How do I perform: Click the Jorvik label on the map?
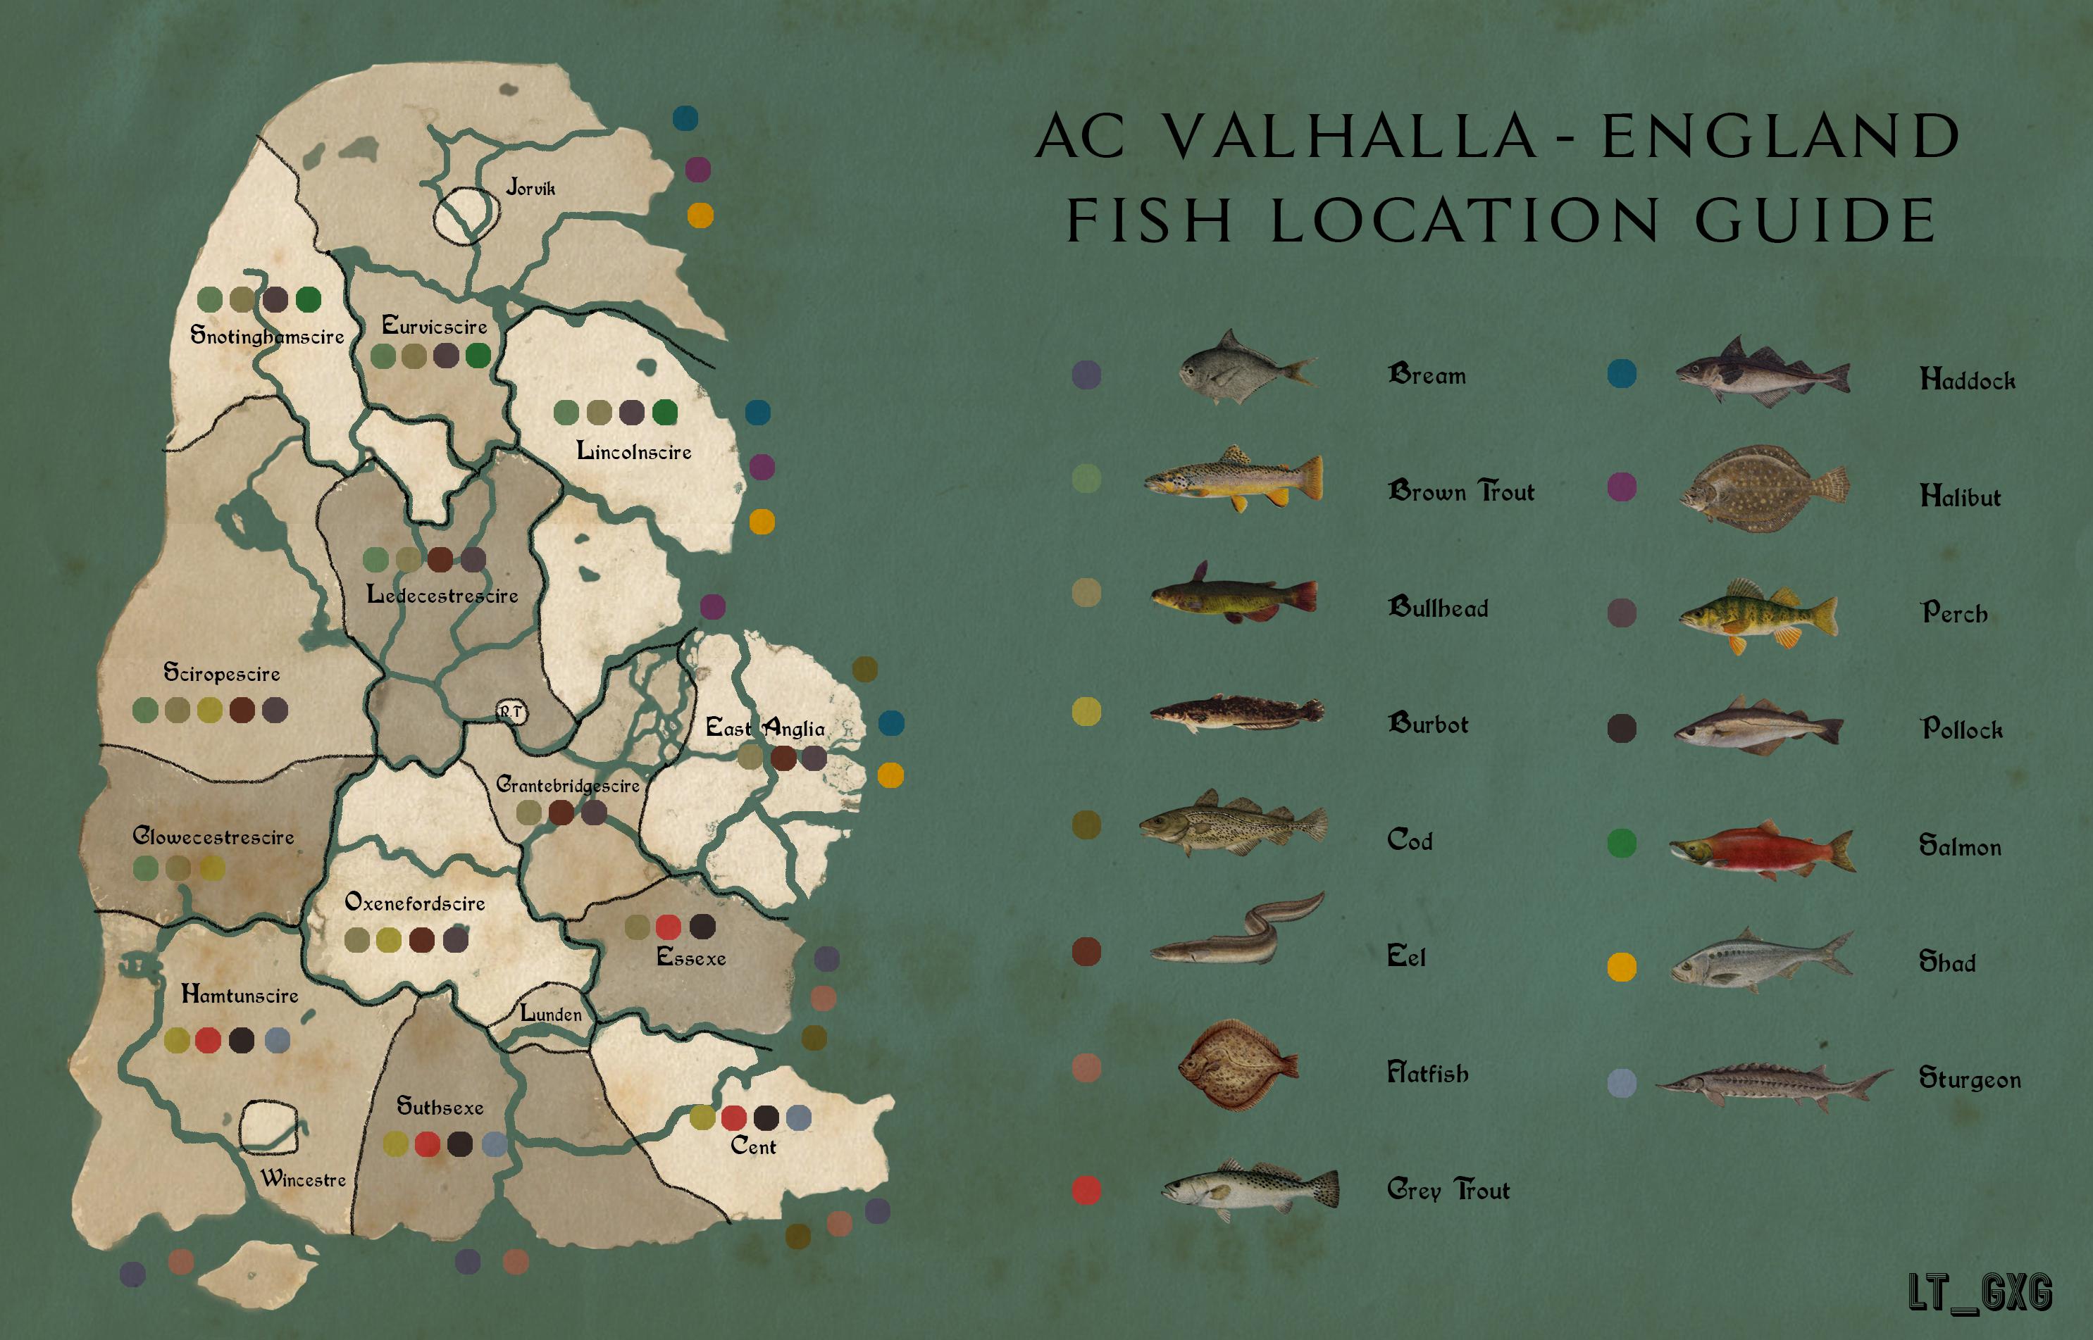[x=530, y=187]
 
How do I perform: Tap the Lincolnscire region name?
[x=633, y=451]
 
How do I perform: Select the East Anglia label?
[x=764, y=727]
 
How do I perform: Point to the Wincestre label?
[x=303, y=1179]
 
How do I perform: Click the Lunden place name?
[x=551, y=1014]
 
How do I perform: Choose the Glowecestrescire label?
[x=213, y=837]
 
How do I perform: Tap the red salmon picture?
[x=1763, y=849]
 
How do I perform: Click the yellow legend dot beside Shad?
[x=1621, y=967]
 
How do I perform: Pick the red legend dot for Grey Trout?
[x=1086, y=1189]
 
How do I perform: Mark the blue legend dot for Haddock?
[x=1621, y=373]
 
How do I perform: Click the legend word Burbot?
[x=1427, y=724]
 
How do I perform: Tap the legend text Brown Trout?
[x=1460, y=491]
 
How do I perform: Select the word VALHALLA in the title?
[x=1349, y=137]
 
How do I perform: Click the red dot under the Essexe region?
[x=669, y=927]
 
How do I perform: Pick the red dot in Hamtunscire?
[x=207, y=1040]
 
